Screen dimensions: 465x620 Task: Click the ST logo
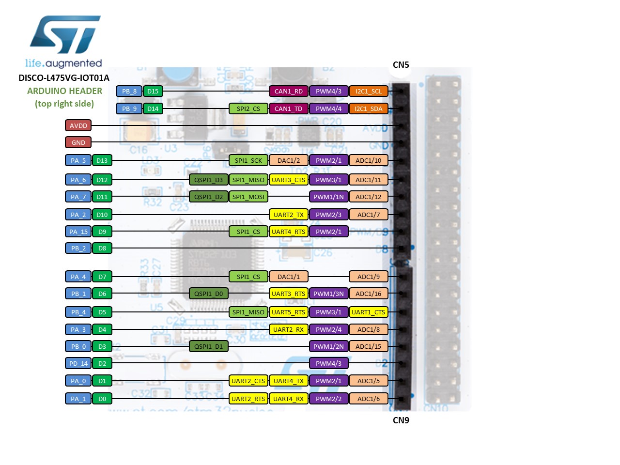65,35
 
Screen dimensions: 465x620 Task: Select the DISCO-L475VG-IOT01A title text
64,78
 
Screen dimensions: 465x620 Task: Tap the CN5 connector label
401,65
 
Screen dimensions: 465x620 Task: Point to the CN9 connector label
401,420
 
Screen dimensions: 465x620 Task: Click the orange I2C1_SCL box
368,91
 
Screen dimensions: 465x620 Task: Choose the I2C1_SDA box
368,108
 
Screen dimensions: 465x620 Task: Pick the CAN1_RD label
288,91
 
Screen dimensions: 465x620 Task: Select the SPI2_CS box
248,108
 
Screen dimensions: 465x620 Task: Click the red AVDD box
78,125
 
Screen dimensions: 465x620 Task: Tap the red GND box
78,142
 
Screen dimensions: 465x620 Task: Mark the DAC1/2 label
288,160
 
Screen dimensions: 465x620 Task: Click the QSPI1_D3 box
208,180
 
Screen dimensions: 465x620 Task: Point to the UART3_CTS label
288,180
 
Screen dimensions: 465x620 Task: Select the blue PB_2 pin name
78,248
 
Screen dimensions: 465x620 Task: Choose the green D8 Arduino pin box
102,248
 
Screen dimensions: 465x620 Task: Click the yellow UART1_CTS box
368,312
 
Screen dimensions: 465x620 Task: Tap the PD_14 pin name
78,363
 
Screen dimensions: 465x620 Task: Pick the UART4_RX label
288,399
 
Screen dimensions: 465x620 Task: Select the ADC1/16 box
368,294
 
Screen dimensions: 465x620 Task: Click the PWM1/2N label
328,346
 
